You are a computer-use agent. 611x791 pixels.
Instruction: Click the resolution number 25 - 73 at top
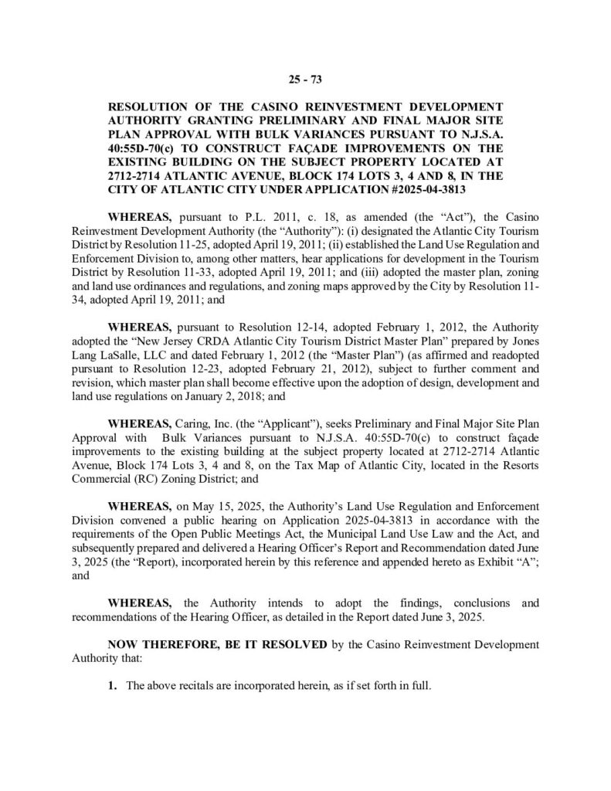point(305,77)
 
